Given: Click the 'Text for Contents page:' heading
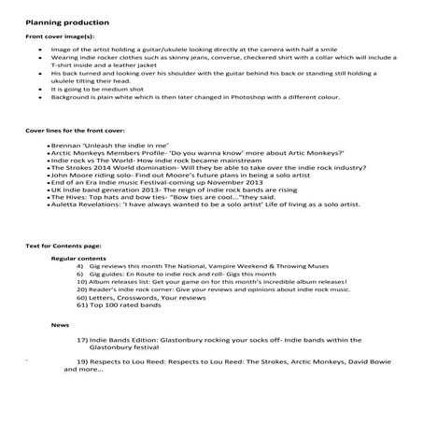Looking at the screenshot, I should click(64, 245).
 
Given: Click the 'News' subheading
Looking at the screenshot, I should click(60, 326).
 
